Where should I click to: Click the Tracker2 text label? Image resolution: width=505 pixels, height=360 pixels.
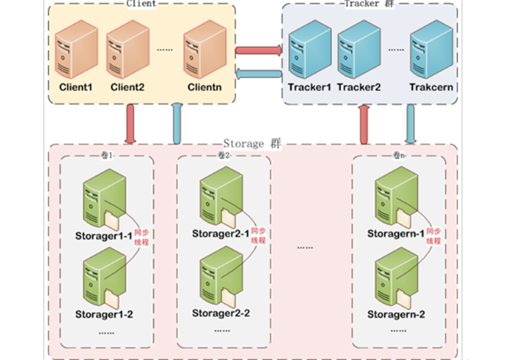(x=359, y=87)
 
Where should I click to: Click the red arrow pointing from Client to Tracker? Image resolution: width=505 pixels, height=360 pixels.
(x=258, y=51)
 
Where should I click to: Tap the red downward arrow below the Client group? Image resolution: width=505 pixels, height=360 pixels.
(x=131, y=124)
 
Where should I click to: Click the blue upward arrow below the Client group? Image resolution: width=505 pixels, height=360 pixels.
(x=176, y=124)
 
